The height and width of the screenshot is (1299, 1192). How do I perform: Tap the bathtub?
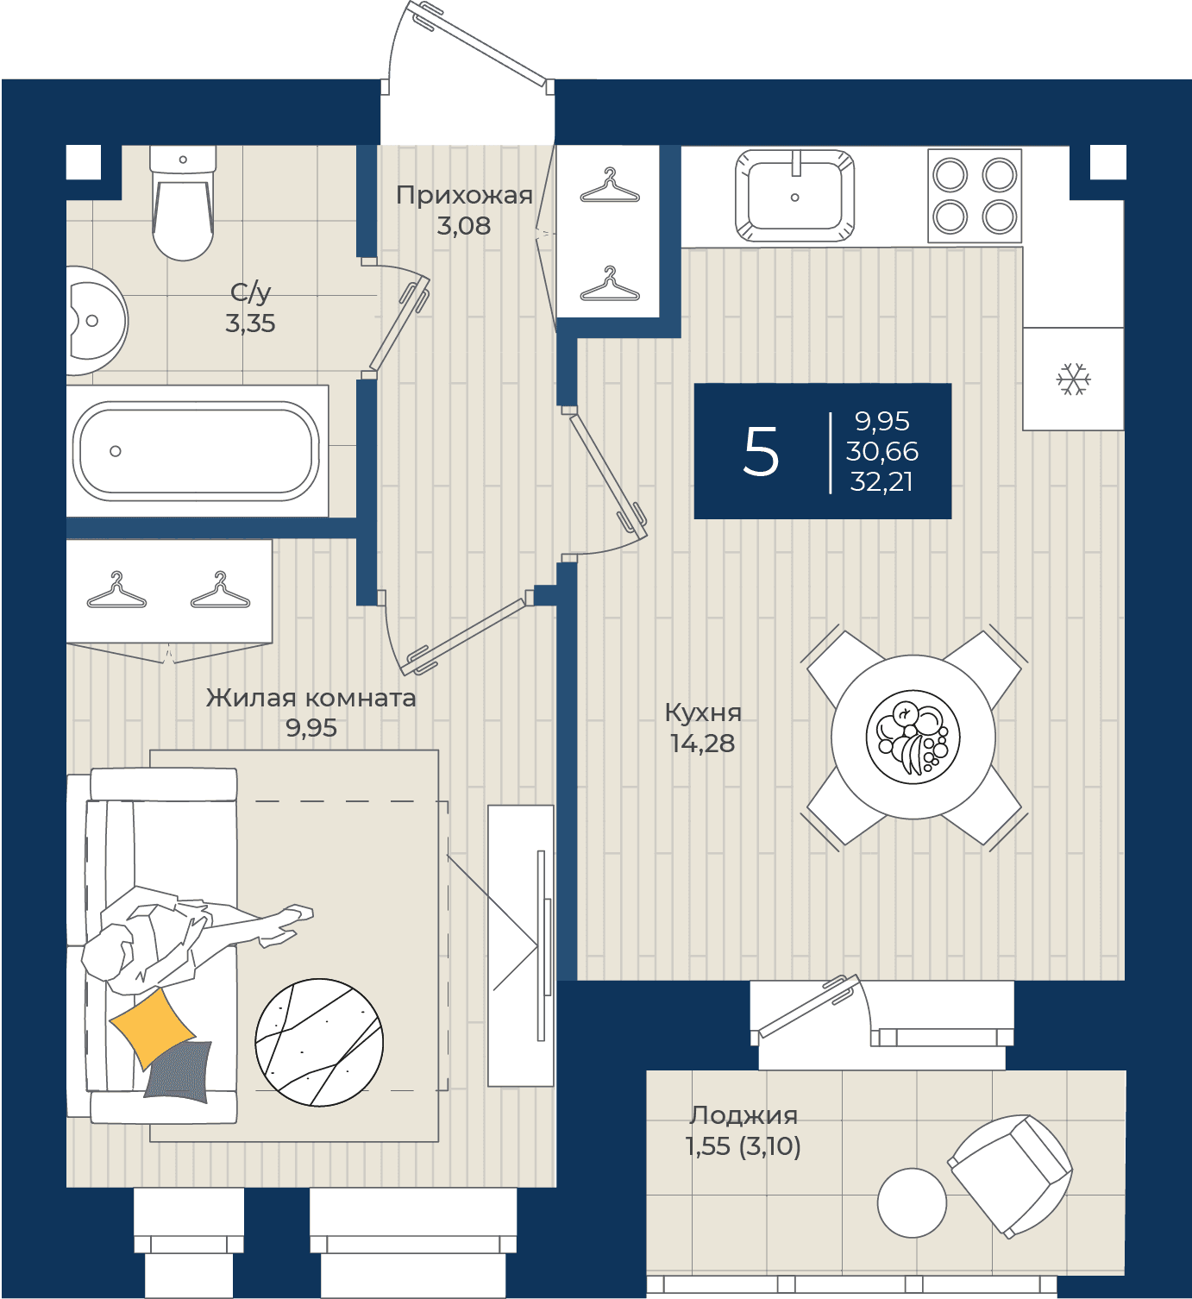coord(196,451)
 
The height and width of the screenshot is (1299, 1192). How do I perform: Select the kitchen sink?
coord(794,196)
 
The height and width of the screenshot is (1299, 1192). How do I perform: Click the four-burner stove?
coord(975,196)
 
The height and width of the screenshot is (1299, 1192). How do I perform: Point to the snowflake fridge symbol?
coord(1074,379)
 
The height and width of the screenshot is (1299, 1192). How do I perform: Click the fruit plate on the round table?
coord(913,737)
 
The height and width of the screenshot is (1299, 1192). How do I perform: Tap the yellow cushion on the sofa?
coord(153,1028)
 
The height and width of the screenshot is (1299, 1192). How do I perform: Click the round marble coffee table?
coord(319,1042)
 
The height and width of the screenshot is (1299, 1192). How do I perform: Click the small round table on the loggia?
coord(912,1202)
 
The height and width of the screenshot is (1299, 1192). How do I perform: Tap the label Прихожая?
coord(464,195)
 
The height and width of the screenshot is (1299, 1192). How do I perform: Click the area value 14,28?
coord(702,744)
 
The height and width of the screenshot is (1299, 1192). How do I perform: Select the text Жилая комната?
coord(311,698)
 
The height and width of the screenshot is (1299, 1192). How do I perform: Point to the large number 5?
coord(761,452)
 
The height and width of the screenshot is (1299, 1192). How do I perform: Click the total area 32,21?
coord(881,481)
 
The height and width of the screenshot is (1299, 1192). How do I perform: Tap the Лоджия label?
coord(743,1115)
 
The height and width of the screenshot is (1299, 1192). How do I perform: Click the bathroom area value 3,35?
coord(250,323)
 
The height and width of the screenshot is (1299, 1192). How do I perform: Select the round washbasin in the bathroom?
coord(97,321)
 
